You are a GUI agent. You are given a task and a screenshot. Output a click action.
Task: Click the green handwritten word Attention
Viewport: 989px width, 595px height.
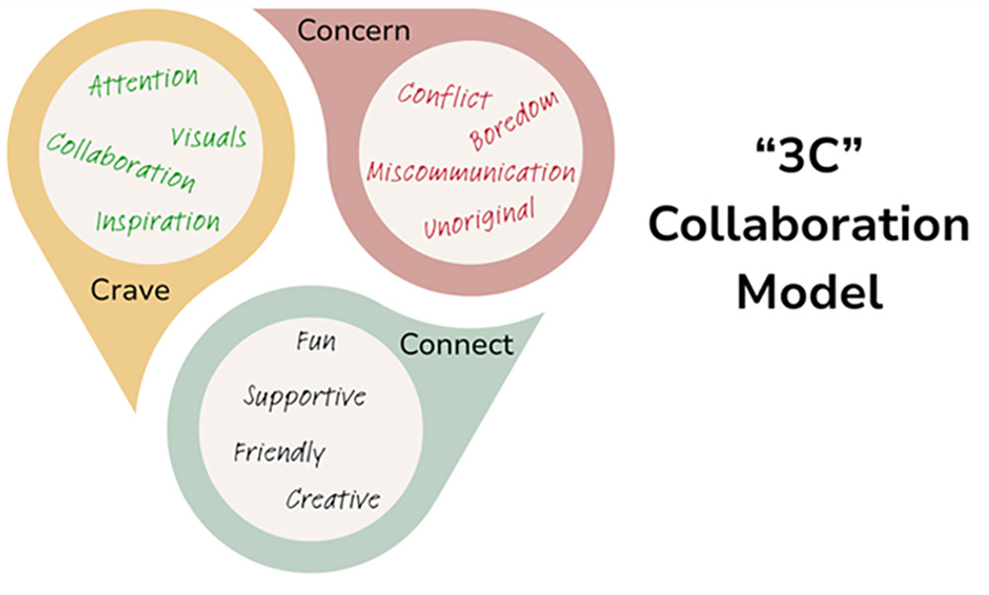pyautogui.click(x=142, y=83)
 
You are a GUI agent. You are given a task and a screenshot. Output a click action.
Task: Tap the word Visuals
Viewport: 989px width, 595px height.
pyautogui.click(x=209, y=137)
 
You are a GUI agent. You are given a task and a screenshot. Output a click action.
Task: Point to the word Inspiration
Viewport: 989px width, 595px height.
pyautogui.click(x=158, y=218)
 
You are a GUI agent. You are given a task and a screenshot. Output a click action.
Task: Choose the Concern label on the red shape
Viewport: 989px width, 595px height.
pyautogui.click(x=353, y=31)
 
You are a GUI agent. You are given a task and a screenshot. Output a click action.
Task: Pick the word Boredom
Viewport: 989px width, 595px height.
pyautogui.click(x=513, y=122)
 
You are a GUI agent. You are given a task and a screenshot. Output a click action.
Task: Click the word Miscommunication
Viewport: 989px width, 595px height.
pyautogui.click(x=471, y=172)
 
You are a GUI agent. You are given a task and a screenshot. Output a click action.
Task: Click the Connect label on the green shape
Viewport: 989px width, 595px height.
pyautogui.click(x=456, y=345)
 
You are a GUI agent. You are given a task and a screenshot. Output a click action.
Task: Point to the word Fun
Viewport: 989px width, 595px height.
pyautogui.click(x=316, y=344)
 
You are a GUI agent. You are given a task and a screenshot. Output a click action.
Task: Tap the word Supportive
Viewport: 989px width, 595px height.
pyautogui.click(x=305, y=397)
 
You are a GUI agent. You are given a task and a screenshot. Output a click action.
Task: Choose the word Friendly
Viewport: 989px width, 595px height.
pyautogui.click(x=279, y=454)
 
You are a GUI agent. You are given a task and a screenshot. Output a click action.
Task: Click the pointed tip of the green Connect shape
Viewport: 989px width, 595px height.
pyautogui.click(x=543, y=315)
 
